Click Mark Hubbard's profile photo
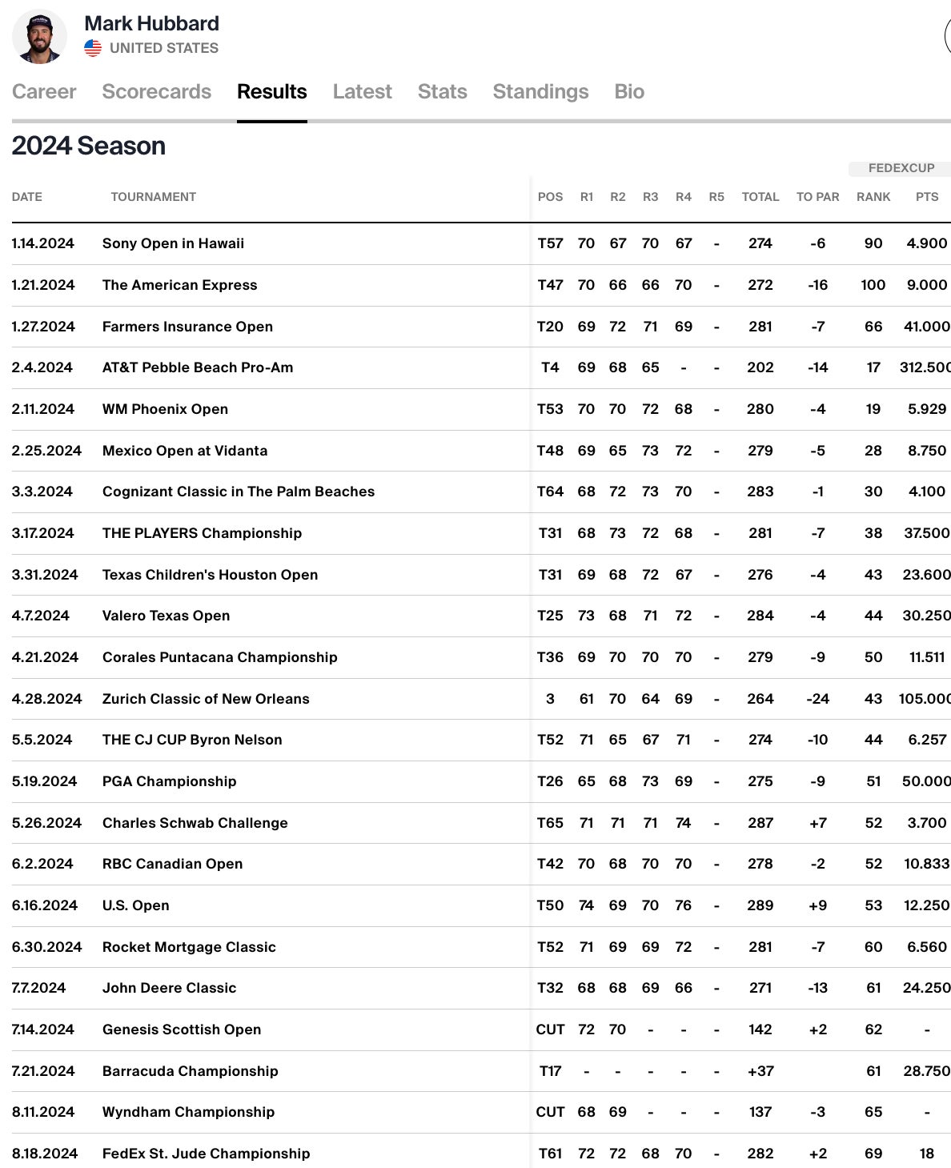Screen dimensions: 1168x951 coord(40,37)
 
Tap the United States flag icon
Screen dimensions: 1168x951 coord(93,48)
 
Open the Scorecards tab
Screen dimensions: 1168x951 coord(157,92)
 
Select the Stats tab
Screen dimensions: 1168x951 coord(442,92)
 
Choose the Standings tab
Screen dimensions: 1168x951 coord(540,92)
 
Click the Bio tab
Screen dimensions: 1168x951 coord(629,92)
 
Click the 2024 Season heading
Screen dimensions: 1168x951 coord(89,146)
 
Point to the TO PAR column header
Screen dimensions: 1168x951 coord(817,197)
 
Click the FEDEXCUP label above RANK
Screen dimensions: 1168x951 coord(901,168)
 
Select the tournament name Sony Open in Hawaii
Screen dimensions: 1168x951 coord(173,243)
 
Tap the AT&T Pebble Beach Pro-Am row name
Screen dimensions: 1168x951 coord(198,367)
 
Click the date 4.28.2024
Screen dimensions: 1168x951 coord(47,699)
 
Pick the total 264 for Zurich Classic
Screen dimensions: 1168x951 coord(760,699)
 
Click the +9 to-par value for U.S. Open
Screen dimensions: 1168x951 coord(817,905)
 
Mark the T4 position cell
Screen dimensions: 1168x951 coord(550,367)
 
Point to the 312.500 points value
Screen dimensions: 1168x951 coord(925,367)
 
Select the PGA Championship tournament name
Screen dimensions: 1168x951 coord(170,781)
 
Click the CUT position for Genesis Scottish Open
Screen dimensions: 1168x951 coord(550,1030)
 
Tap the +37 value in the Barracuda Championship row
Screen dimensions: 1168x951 coord(760,1071)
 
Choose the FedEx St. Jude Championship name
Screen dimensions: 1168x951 coord(206,1154)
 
